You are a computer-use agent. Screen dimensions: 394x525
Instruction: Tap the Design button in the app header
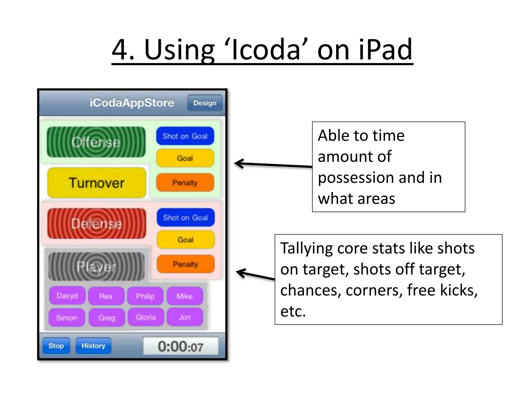pos(205,103)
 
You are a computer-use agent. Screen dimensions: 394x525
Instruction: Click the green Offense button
pos(96,142)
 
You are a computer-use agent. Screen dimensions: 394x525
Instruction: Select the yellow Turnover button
pos(97,183)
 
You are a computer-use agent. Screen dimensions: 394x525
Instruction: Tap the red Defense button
pos(97,223)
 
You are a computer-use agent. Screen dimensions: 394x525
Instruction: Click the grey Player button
pos(96,267)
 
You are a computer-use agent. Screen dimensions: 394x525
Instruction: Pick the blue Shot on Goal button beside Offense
pos(185,136)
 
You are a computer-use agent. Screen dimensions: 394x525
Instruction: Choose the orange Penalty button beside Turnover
pos(185,183)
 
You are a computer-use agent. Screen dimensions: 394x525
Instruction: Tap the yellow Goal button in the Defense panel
pos(185,240)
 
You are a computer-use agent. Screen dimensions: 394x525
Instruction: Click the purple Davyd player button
pos(67,296)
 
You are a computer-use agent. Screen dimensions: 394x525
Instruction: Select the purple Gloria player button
pos(146,317)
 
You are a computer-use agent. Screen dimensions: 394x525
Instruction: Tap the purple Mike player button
pos(185,296)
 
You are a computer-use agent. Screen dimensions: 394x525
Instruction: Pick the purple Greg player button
pos(107,318)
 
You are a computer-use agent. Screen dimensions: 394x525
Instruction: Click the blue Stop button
pos(56,346)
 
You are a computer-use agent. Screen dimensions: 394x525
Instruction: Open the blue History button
pos(93,346)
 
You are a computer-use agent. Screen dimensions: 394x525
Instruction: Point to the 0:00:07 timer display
pos(180,346)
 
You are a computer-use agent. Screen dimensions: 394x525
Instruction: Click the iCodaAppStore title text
pos(132,103)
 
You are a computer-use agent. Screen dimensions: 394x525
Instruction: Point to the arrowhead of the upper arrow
pos(236,163)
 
